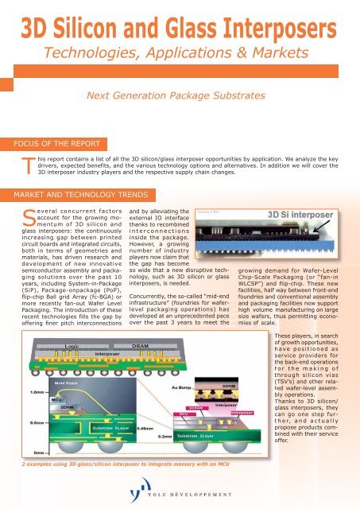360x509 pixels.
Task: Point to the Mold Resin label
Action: click(65, 383)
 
